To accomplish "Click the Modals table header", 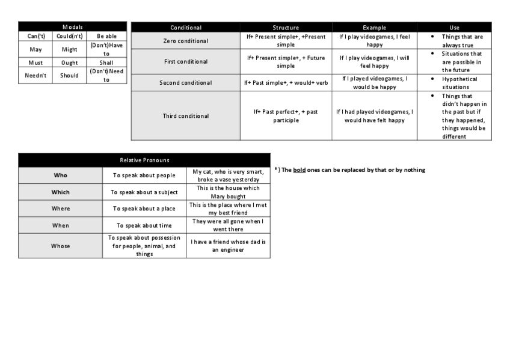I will tap(72, 27).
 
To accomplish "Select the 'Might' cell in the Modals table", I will tap(69, 49).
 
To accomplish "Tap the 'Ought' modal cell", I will tap(69, 63).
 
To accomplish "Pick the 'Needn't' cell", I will tap(35, 75).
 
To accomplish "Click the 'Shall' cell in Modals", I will tap(106, 63).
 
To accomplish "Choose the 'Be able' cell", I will tap(106, 36).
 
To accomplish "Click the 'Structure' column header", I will tap(286, 28).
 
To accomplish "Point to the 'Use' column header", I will tap(454, 28).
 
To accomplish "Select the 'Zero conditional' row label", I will tap(186, 41).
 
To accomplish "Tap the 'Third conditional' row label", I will tap(186, 116).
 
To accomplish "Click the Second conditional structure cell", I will tap(286, 83).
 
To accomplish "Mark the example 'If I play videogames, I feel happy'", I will tap(374, 41).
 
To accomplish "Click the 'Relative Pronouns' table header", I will tap(144, 160).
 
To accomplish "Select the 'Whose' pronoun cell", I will tap(60, 246).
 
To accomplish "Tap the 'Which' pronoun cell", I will tap(60, 192).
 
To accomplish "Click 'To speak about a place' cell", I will tap(144, 209).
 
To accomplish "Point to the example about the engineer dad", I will tap(228, 246).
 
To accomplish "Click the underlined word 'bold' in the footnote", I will tap(300, 170).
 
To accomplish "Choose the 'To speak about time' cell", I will tap(144, 225).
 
